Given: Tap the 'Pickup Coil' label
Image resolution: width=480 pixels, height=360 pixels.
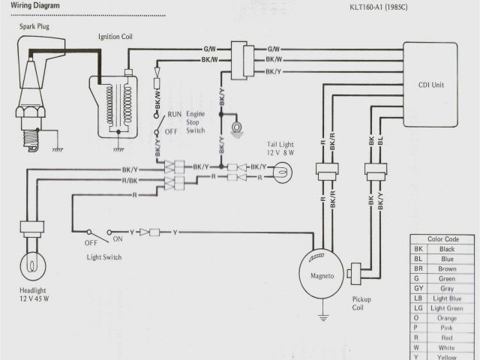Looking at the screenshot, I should tap(361, 303).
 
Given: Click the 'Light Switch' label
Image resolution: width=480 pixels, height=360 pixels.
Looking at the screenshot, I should tap(103, 257).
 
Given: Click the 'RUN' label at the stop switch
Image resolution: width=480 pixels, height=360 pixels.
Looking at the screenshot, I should tap(174, 114).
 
